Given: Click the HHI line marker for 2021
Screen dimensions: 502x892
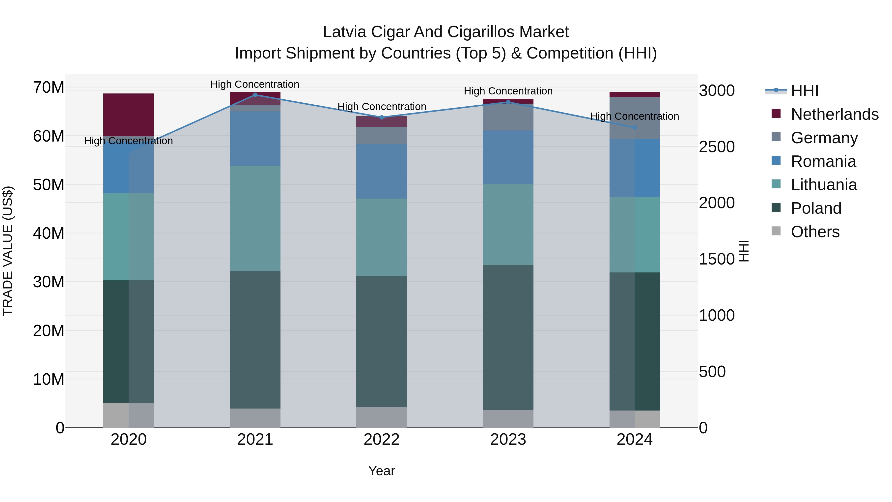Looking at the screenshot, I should pos(255,95).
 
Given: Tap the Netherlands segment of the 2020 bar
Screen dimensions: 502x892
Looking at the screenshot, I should pos(128,115).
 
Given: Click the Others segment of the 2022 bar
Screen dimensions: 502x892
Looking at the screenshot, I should pos(382,417).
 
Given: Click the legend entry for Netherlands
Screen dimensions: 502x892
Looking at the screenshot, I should pos(835,114).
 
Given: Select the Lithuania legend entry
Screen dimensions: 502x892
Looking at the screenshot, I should pos(823,185).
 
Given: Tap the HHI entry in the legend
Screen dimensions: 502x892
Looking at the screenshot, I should pos(804,91).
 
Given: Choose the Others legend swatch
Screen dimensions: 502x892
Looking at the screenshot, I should pos(776,231).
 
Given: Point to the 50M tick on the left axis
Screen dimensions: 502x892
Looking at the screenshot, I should pos(49,185).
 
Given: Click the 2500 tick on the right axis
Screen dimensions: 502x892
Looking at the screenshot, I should pos(716,147).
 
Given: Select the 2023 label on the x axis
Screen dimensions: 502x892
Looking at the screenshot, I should pos(508,440).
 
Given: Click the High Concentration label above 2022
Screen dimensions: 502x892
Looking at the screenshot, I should pos(382,107).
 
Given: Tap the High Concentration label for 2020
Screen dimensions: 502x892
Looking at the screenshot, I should pos(128,141).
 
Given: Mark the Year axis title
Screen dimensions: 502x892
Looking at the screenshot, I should pos(382,471).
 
